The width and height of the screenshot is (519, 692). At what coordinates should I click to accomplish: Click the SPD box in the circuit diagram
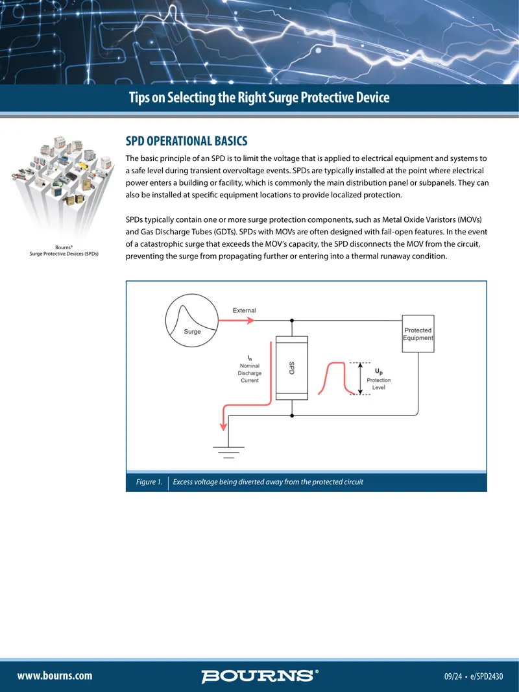click(291, 368)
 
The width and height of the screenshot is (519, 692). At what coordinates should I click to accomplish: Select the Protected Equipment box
click(418, 334)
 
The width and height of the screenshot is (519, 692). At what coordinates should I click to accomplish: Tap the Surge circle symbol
click(192, 321)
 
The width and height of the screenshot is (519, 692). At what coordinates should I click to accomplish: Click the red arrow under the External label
click(236, 321)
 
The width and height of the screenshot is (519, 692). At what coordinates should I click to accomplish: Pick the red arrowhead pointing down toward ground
click(224, 425)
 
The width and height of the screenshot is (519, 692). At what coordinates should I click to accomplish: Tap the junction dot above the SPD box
click(292, 321)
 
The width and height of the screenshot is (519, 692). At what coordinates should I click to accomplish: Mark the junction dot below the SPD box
click(292, 415)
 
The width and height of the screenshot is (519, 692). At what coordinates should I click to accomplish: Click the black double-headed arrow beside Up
click(360, 378)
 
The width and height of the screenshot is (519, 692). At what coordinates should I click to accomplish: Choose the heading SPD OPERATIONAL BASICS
click(187, 142)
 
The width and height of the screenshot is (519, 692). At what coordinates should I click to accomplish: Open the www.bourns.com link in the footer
click(54, 676)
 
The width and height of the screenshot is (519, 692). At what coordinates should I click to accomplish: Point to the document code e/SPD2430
click(487, 676)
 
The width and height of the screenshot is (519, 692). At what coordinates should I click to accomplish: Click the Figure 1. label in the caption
click(149, 482)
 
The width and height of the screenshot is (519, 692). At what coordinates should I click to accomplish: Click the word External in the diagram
click(245, 310)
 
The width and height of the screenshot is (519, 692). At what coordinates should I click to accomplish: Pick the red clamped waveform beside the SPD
click(337, 378)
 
